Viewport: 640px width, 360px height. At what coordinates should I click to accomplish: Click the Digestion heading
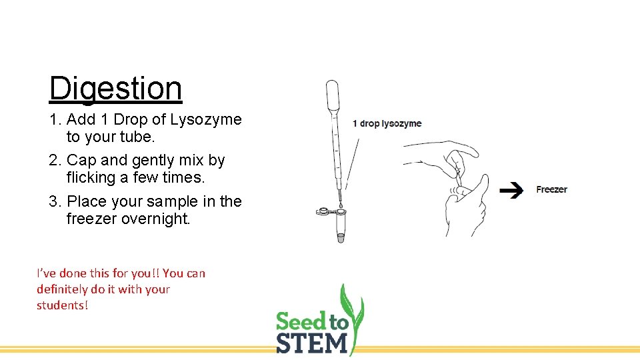coord(115,88)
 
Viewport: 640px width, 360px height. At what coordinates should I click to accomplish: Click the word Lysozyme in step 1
coord(206,119)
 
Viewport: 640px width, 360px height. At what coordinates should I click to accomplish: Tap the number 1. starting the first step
coord(56,119)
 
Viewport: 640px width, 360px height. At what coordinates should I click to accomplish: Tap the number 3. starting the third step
coord(56,201)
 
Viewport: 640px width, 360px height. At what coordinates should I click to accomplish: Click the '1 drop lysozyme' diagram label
coord(387,123)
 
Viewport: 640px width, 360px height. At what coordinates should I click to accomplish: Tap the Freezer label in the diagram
coord(551,189)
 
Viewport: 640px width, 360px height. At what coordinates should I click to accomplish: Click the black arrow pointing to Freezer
coord(511,191)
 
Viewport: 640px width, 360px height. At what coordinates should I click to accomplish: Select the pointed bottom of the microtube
coord(341,237)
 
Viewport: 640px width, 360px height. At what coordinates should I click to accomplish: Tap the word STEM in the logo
coord(312,343)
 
